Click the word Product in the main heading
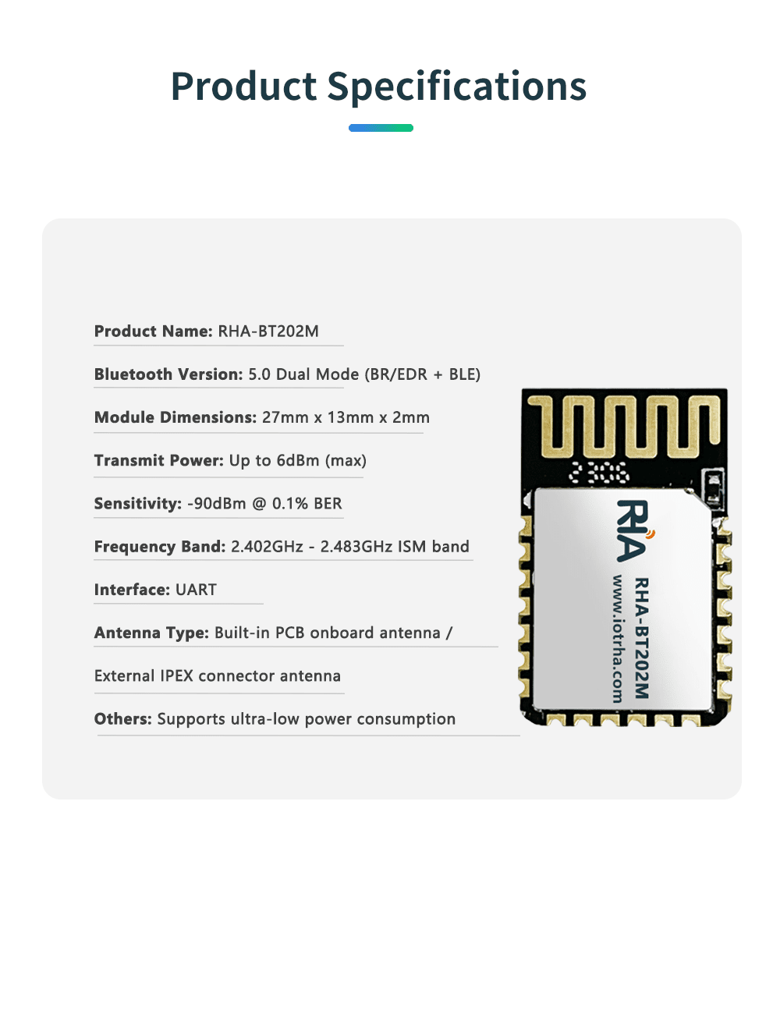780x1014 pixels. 244,87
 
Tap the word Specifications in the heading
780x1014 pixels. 456,87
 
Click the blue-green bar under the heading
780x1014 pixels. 381,128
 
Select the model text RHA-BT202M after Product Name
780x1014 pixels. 268,331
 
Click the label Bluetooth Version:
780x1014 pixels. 168,374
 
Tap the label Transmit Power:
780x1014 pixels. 159,460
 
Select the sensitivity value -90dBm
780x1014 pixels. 217,504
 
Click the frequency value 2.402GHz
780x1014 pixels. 267,547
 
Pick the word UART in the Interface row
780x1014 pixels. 196,590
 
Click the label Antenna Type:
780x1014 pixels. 151,633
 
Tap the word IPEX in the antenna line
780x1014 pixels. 176,676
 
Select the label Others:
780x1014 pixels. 123,719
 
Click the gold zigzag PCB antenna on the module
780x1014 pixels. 624,426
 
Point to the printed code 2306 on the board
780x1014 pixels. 600,473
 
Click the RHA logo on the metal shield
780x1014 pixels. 634,530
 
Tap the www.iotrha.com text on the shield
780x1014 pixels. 618,638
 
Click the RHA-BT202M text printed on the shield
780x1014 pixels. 641,638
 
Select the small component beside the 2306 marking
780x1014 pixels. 712,487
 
